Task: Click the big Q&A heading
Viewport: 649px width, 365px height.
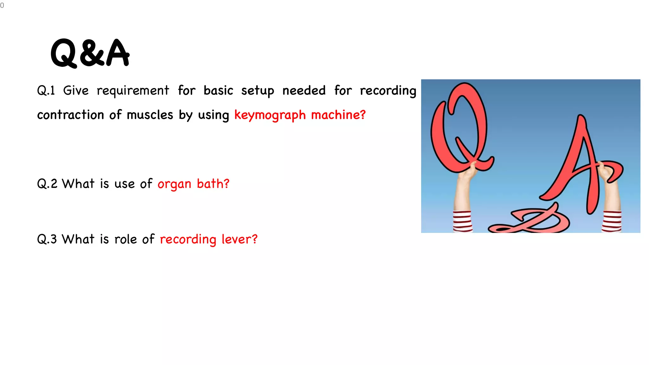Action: click(x=90, y=53)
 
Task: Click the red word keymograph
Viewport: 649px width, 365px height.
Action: click(x=270, y=115)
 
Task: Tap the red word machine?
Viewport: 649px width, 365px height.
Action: click(x=338, y=115)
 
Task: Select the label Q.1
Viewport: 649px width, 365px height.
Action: click(x=46, y=91)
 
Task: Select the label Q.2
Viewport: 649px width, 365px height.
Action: click(x=47, y=184)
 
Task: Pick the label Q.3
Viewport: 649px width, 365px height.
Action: click(x=47, y=239)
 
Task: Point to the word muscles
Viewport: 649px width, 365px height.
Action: click(x=150, y=115)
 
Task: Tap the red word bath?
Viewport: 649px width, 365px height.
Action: click(x=213, y=184)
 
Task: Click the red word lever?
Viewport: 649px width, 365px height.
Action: click(x=239, y=239)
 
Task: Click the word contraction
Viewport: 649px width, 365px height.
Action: click(x=70, y=115)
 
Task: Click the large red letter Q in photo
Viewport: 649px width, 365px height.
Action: click(x=459, y=127)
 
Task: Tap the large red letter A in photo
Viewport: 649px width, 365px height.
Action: click(x=580, y=158)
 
